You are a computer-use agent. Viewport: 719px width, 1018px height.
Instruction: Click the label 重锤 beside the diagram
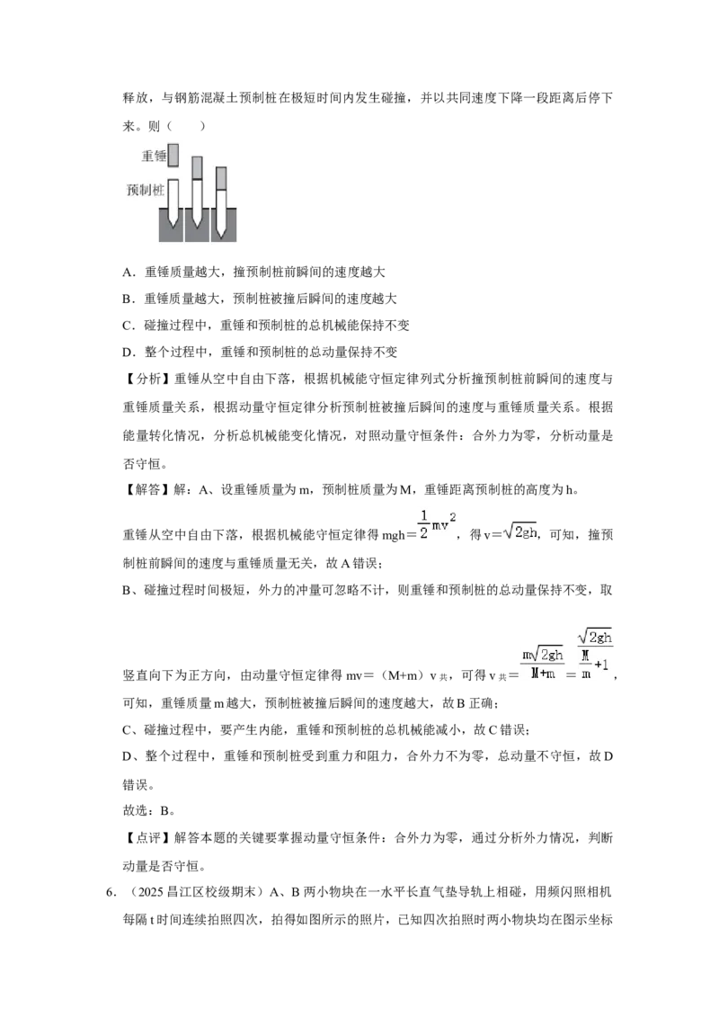point(154,156)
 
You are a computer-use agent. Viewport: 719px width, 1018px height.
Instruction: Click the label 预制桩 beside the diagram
point(145,191)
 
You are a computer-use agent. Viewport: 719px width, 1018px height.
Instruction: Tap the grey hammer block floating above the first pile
point(173,156)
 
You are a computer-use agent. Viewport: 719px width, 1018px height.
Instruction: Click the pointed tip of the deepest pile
point(220,237)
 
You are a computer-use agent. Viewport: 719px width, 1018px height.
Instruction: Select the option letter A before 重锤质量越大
point(128,272)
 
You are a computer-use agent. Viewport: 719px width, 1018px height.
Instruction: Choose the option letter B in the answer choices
point(128,299)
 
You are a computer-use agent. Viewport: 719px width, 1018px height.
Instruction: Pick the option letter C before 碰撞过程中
point(128,326)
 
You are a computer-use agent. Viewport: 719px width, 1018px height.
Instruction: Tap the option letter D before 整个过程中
point(128,352)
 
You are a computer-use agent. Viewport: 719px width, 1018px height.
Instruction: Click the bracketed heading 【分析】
point(146,380)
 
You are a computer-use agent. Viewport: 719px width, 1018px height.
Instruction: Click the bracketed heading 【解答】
point(146,489)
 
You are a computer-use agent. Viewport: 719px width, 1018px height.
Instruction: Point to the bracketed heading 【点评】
point(146,837)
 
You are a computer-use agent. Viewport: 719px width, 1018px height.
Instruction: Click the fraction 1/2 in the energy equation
point(423,525)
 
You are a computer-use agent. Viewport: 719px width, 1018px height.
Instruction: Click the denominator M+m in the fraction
point(543,674)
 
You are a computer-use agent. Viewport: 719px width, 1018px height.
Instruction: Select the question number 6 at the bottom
point(109,892)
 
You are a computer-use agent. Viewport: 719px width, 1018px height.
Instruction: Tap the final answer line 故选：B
point(148,810)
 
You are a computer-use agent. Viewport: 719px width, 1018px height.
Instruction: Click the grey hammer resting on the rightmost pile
point(220,179)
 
